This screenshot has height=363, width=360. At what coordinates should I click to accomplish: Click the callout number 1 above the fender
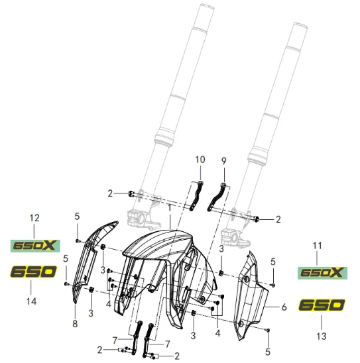(x=170, y=208)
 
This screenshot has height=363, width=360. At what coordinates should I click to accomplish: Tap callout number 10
(x=200, y=160)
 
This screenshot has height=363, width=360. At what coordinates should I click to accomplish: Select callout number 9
(x=223, y=161)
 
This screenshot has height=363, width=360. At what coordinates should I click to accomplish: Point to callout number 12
(x=34, y=218)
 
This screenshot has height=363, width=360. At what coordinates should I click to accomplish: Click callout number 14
(x=32, y=301)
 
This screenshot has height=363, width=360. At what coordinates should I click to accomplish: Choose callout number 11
(x=317, y=245)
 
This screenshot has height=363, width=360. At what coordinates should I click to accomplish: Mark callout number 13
(x=322, y=336)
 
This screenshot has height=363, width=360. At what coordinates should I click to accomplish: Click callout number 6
(x=284, y=307)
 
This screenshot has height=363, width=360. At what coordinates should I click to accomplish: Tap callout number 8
(x=75, y=324)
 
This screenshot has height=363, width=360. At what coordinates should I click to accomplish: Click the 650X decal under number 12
(x=35, y=246)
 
